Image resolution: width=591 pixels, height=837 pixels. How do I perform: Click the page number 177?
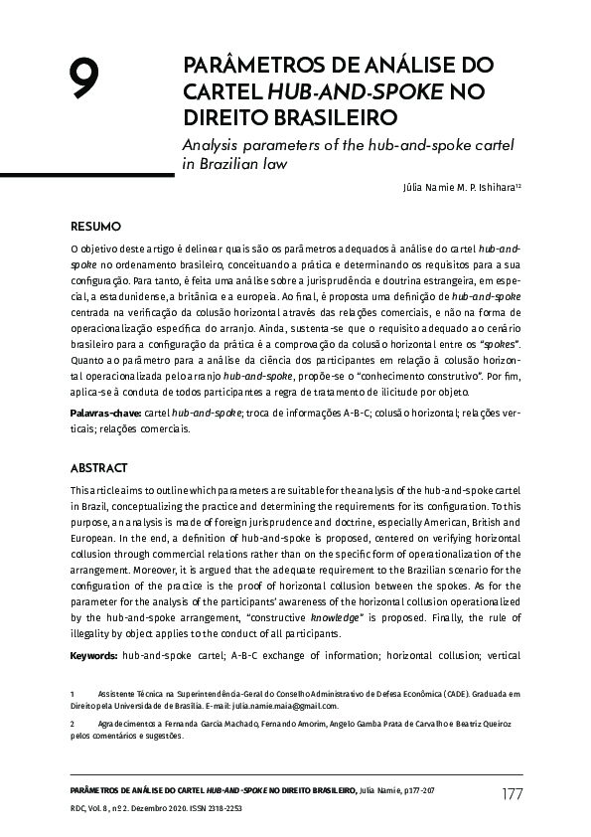coord(512,793)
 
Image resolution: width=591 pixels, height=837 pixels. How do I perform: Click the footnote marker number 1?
coord(73,692)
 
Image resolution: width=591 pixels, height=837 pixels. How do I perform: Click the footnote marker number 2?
coord(73,725)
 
